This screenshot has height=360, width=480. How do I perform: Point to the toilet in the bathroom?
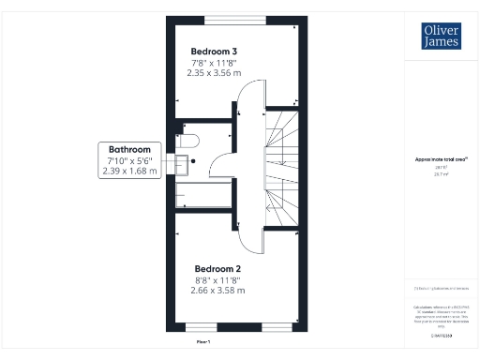pyautogui.click(x=187, y=141)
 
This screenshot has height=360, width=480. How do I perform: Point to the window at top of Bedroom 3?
pyautogui.click(x=235, y=19)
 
